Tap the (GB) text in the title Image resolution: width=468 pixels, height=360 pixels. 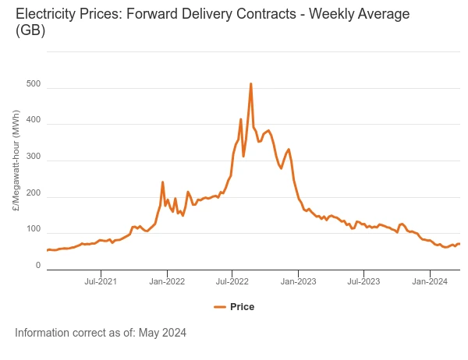coord(30,31)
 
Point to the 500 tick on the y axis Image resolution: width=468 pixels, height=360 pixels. coord(33,84)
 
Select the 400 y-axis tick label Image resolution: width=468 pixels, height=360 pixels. coord(33,121)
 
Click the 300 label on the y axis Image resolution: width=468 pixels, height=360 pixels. coord(33,157)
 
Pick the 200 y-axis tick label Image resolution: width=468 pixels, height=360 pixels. coord(33,193)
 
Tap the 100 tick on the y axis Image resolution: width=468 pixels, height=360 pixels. coord(33,230)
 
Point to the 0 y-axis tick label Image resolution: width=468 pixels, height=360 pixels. coord(37,266)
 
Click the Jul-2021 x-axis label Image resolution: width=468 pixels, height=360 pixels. coord(101,281)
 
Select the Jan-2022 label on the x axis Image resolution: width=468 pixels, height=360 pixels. coord(166,281)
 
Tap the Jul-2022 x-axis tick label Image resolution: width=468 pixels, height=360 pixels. coord(232,281)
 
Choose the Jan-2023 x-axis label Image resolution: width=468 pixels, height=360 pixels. coord(298,281)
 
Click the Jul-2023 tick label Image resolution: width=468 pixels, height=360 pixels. coord(363,281)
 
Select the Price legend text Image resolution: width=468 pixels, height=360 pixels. coord(242,307)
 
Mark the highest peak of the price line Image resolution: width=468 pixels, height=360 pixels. coord(250,83)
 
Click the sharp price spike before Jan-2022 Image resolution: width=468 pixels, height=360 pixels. coord(162,182)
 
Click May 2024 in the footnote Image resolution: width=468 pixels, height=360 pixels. coord(162,333)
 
